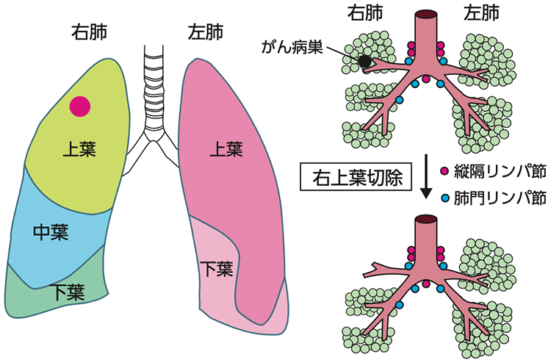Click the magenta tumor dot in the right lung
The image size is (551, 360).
pyautogui.click(x=80, y=107)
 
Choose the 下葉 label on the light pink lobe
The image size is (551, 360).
pyautogui.click(x=217, y=267)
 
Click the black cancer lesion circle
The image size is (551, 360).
pyautogui.click(x=366, y=62)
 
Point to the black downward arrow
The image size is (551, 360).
pyautogui.click(x=425, y=176)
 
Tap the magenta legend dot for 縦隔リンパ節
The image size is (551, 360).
pyautogui.click(x=444, y=170)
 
